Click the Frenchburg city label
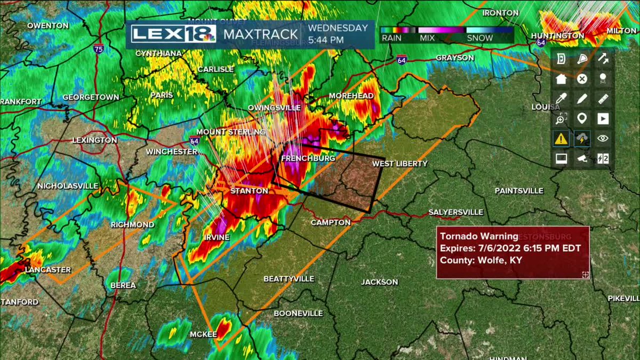coord(308,158)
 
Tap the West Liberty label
coord(399,163)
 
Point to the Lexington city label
coord(94,140)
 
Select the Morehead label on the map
coord(351,95)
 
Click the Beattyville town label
coord(289,279)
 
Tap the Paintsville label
coord(519,190)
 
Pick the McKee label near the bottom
coord(203,334)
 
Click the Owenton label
coord(47,26)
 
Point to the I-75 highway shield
coord(98,49)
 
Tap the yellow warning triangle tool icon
coord(561,139)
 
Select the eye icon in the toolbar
coord(603,139)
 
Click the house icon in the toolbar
coord(561,79)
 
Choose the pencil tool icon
coord(582,99)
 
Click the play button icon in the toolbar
coord(603,118)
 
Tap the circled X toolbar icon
coord(582,79)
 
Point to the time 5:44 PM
coord(326,40)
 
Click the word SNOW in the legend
coord(479,38)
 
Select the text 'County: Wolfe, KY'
coord(481,260)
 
